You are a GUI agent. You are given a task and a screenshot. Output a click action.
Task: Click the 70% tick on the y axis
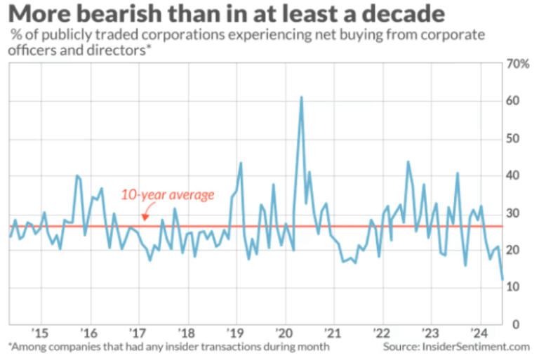(x=518, y=65)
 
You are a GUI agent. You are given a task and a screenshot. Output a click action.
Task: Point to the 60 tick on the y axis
(x=514, y=102)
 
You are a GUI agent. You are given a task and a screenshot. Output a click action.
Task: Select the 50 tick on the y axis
(x=514, y=139)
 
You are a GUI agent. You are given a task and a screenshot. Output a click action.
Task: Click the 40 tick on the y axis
(x=514, y=176)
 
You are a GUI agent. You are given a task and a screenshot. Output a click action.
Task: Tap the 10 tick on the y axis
(x=514, y=287)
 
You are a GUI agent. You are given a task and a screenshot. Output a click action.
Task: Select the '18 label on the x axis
(x=186, y=333)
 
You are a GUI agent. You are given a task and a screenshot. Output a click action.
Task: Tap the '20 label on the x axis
(x=284, y=333)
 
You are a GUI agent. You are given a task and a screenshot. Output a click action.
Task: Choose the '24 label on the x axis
(x=479, y=333)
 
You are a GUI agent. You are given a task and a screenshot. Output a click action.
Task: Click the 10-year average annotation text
(x=168, y=194)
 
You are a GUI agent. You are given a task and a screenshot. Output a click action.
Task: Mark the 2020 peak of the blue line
(x=301, y=97)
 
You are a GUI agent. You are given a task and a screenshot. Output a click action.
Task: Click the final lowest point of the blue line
(x=502, y=279)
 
